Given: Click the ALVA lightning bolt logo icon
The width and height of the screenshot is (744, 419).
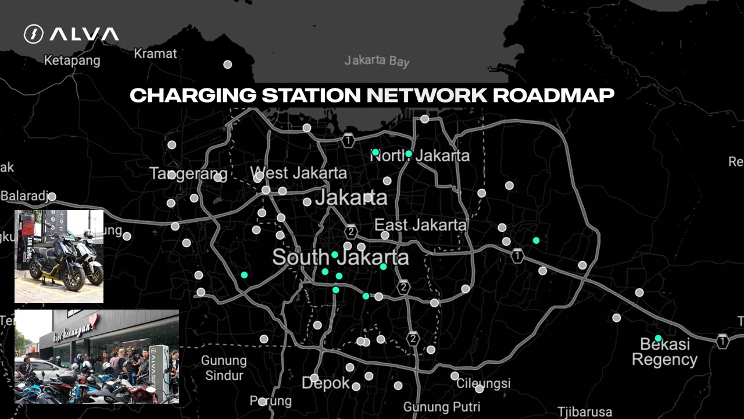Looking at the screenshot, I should point(33,34).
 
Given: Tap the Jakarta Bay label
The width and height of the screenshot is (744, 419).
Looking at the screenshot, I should point(377,61).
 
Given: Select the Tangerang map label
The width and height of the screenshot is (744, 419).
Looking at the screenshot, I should point(188,173).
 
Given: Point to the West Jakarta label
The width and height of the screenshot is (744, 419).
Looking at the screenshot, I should point(299,173).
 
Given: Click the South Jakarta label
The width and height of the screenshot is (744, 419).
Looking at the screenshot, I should point(340,257).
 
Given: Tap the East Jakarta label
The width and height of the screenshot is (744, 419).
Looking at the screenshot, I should point(420,225).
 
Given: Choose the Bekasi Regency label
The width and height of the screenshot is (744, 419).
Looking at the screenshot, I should point(664,351).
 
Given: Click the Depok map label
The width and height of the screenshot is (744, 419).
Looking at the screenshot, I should point(325,383).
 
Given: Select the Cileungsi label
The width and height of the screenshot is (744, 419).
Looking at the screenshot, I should point(484,383).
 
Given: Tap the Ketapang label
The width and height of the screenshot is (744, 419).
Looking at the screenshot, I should point(72,60).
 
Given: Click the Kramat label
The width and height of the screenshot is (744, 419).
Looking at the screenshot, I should point(155,54).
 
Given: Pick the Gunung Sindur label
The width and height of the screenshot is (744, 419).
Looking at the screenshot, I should point(224,367).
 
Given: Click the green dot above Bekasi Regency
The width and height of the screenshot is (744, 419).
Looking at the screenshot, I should point(658,338).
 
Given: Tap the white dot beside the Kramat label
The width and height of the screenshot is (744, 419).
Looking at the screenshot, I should point(228,65).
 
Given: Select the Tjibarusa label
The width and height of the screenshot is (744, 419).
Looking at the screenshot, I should point(584,412).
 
